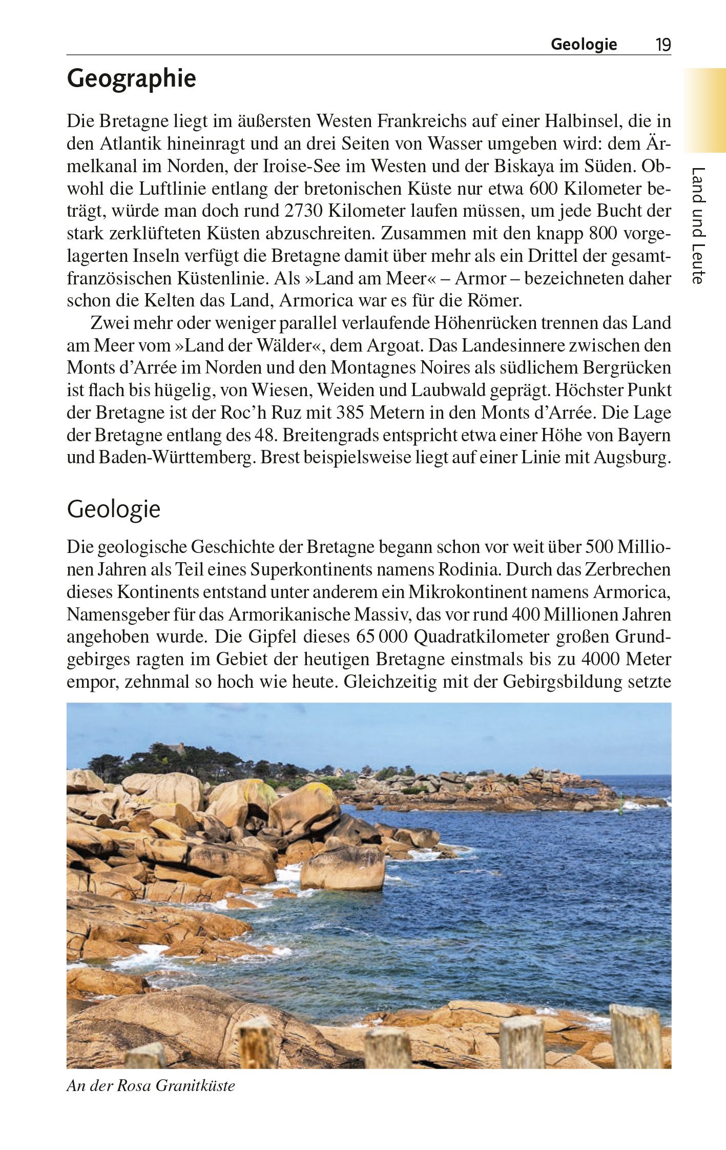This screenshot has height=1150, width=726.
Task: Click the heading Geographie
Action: coord(131,78)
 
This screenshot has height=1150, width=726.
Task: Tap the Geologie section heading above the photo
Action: coord(113,509)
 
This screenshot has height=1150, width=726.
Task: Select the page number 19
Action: coord(663,45)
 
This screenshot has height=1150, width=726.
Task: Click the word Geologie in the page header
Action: coord(584,45)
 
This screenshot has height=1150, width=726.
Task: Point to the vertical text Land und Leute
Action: coord(698,225)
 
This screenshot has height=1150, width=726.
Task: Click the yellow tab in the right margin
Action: coord(704,110)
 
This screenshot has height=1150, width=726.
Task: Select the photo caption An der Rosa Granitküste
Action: coord(151,1085)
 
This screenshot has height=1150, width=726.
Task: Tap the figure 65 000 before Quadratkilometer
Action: coord(382,636)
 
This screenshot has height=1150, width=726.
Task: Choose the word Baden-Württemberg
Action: coord(177,457)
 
